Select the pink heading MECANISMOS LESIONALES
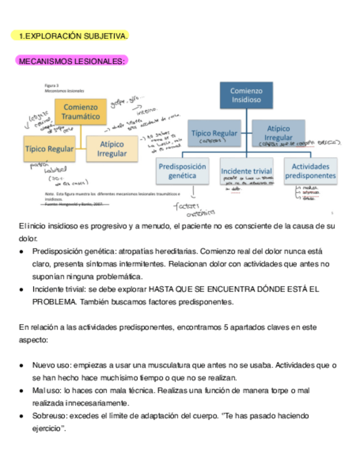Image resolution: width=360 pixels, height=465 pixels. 72,61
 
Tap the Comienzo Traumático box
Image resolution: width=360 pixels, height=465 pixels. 81,112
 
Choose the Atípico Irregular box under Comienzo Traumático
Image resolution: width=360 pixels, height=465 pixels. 112,149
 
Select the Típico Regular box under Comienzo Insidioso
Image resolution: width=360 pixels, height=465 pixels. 214,133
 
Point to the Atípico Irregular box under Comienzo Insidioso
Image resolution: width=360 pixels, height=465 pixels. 278,133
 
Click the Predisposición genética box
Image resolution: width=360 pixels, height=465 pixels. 182,171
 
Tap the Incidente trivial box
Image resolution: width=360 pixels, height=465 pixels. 246,171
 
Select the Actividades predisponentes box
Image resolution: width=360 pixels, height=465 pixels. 310,171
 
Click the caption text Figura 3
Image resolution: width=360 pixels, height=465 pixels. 52,86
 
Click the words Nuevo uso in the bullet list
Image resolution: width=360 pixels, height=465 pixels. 50,365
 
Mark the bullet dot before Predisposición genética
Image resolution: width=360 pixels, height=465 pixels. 21,252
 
